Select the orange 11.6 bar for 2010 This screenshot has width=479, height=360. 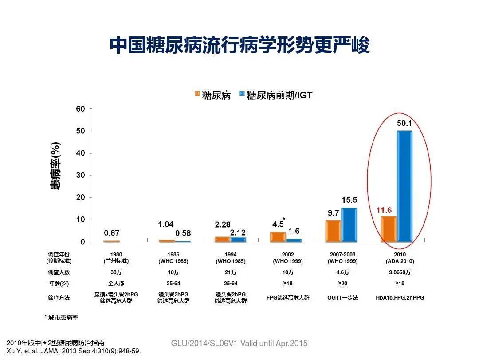coord(389,229)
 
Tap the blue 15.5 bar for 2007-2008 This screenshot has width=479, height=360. coord(349,225)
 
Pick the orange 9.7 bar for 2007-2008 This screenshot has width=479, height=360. coord(334,231)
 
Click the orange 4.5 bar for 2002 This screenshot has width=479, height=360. coord(278,237)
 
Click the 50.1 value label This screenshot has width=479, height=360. coord(404,123)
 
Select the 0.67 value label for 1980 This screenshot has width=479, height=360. coord(111,232)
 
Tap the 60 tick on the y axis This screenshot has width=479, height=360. coord(80,109)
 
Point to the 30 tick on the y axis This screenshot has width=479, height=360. coord(80,176)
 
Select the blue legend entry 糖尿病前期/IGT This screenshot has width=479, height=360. coord(275,95)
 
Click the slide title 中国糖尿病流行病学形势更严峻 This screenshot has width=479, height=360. coord(239,45)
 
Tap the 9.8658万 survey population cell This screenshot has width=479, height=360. coord(399,272)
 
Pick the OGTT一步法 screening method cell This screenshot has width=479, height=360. coord(343,298)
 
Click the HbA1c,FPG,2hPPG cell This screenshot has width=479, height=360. coord(400,298)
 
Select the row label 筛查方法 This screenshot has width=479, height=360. coord(59,298)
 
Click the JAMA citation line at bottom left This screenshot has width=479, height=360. coord(74,352)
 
